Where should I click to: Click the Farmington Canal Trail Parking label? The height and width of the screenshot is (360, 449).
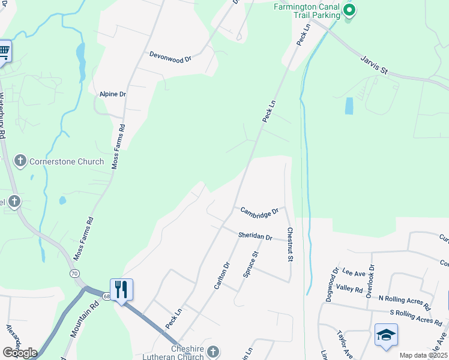pos(307,11)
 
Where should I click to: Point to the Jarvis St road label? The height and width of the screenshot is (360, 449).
pos(375,64)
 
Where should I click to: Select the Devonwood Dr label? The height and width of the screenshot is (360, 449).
pos(170,56)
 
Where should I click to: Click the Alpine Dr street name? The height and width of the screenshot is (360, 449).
pos(112,94)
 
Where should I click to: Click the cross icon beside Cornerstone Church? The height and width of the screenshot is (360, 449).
pos(20,160)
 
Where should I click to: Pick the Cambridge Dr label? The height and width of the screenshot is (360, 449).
pos(260,211)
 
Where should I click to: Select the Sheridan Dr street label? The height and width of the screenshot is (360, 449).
pos(255,236)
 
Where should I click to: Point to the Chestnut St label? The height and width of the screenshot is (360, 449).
pos(290,244)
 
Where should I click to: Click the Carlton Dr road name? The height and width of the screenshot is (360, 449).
pos(222,275)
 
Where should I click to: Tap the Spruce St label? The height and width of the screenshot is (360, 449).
pos(250,265)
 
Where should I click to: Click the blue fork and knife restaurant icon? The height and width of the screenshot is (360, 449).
pos(121,290)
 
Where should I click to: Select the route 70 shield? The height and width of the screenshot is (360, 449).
pos(74,273)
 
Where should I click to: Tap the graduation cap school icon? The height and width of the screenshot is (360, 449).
pos(385,335)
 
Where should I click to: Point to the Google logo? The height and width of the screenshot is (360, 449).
pos(20,352)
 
